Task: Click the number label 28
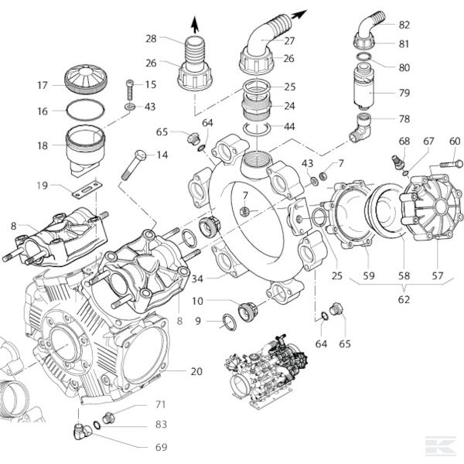[x=151, y=38]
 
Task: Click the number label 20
[x=196, y=371]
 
